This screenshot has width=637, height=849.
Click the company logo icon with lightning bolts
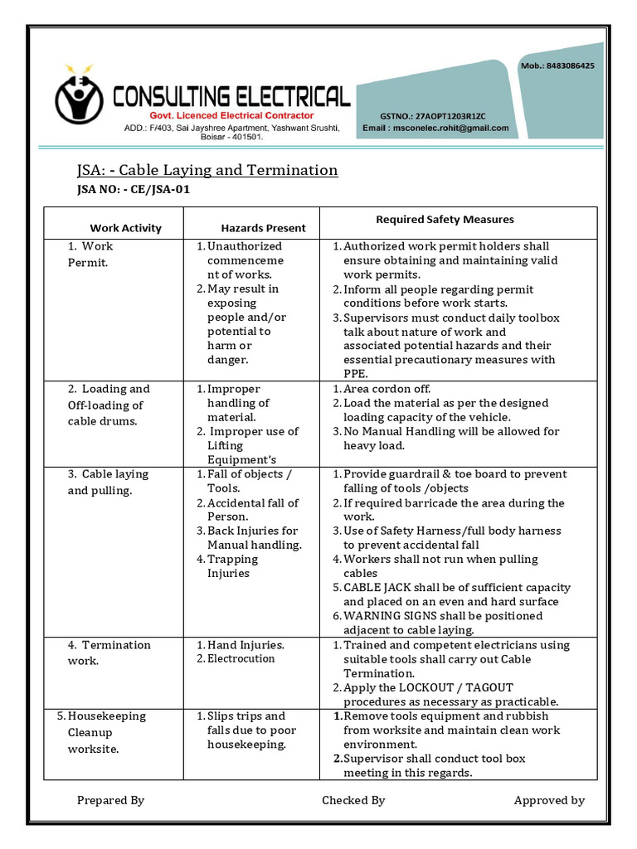pyautogui.click(x=80, y=98)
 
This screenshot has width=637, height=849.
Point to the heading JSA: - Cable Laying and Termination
pyautogui.click(x=207, y=170)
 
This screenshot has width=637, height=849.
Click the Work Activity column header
pyautogui.click(x=125, y=228)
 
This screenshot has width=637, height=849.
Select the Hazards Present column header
pyautogui.click(x=263, y=228)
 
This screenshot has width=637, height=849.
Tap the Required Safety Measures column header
pyautogui.click(x=445, y=220)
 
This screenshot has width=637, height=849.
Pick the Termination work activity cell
pyautogui.click(x=108, y=653)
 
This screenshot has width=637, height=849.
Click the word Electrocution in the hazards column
pyautogui.click(x=241, y=658)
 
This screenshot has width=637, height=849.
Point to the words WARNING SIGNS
pyautogui.click(x=385, y=616)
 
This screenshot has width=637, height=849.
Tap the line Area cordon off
pyautogui.click(x=387, y=389)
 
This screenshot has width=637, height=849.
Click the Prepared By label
pyautogui.click(x=110, y=800)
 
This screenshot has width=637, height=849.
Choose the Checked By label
pyautogui.click(x=353, y=800)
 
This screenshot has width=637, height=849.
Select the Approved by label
pyautogui.click(x=549, y=800)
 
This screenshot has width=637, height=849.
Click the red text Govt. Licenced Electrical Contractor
pyautogui.click(x=231, y=115)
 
